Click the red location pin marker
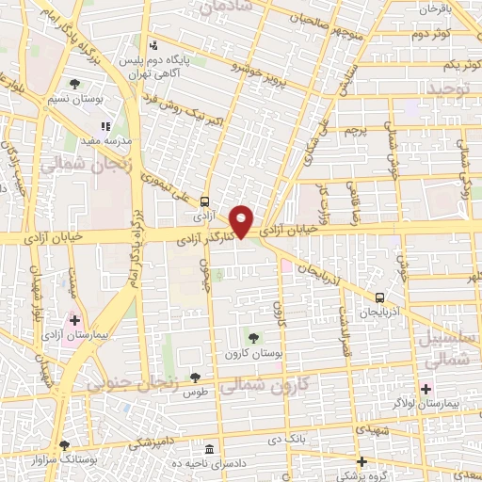[x=242, y=221]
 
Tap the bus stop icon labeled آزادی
[x=204, y=201]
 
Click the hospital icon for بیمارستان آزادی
[x=74, y=321]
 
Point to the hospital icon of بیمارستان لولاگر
[x=426, y=388]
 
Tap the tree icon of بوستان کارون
[x=252, y=337]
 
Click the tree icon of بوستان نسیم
[x=74, y=84]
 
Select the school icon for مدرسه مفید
[x=105, y=125]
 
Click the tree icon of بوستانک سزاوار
[x=64, y=445]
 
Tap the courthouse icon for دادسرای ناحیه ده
[x=208, y=449]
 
